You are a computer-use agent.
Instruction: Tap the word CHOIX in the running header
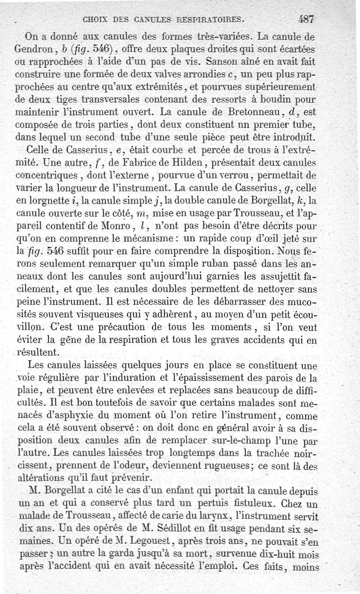95,19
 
